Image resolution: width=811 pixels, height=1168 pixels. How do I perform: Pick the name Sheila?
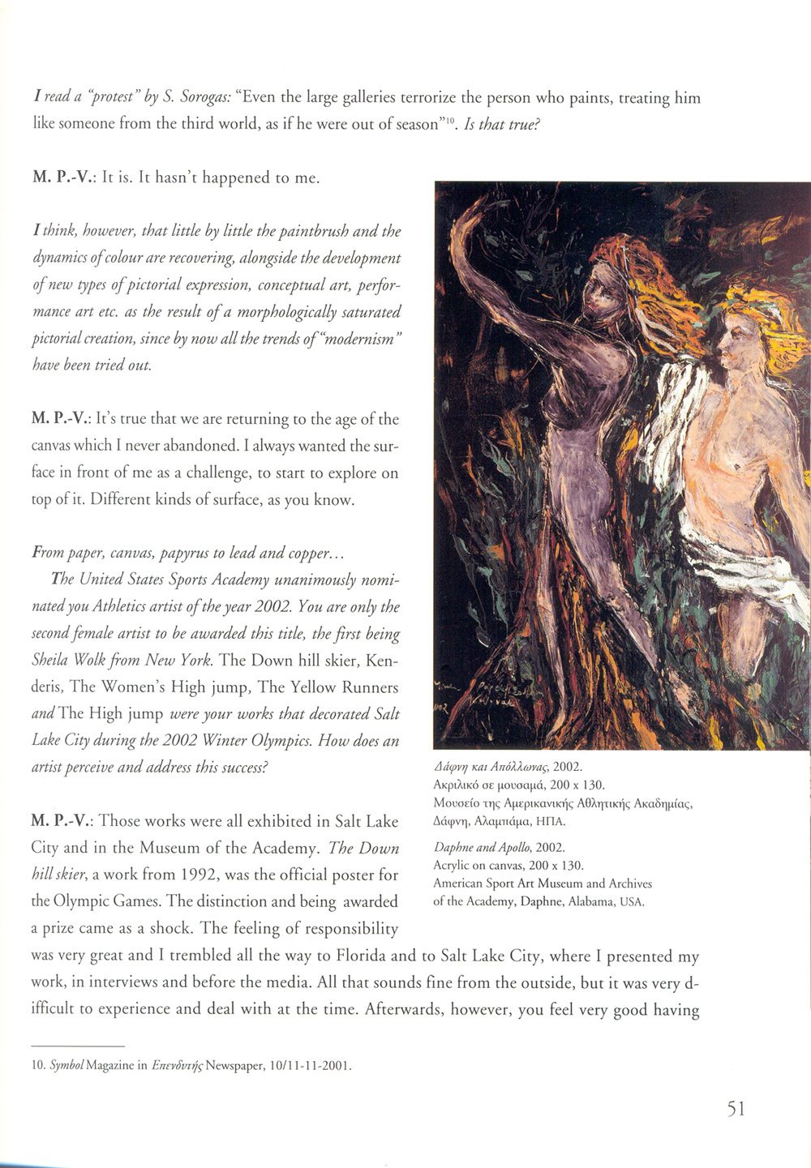click(55, 659)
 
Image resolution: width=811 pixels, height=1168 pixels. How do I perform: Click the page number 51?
click(736, 1108)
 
